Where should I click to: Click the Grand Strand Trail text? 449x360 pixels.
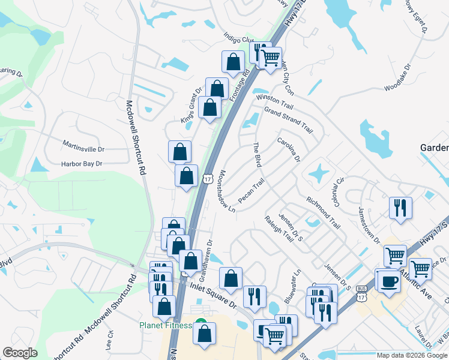coord(289,121)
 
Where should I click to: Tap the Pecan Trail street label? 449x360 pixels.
coord(251,190)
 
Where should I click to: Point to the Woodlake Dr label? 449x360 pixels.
coord(397,77)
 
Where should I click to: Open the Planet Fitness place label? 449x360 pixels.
coord(166,325)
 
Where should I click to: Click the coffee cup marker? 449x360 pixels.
coord(387,281)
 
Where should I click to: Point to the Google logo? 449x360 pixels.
coord(20,353)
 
